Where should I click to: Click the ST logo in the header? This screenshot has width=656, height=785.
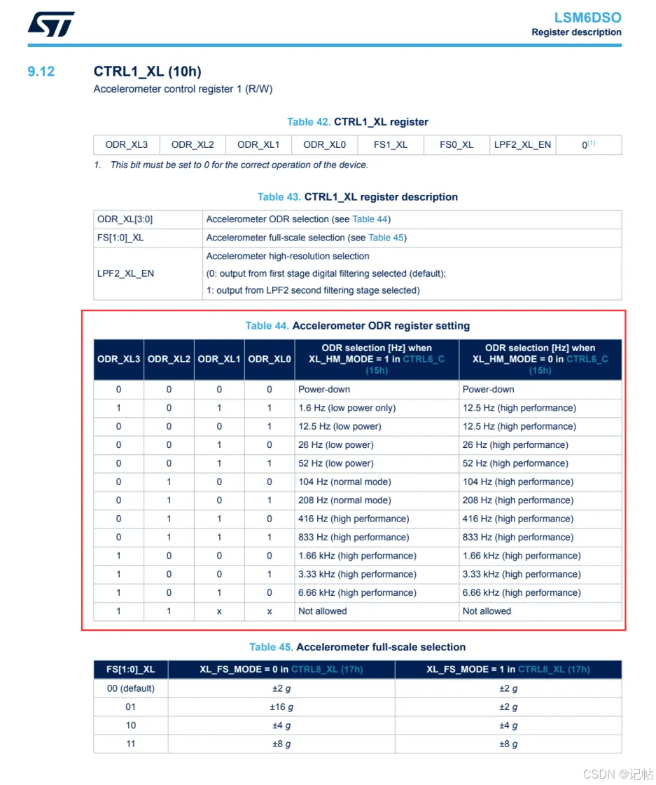click(x=50, y=25)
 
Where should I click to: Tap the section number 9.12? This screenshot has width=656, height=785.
click(x=41, y=71)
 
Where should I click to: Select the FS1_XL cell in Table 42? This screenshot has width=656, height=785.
click(x=391, y=145)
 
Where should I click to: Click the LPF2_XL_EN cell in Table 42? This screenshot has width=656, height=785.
click(x=522, y=145)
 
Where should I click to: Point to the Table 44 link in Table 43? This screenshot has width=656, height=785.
click(x=370, y=219)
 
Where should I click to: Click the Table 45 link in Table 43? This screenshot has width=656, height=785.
click(x=386, y=238)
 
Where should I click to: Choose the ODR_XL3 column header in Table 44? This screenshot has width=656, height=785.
click(x=118, y=359)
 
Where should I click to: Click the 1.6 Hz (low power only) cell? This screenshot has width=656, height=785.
click(x=347, y=408)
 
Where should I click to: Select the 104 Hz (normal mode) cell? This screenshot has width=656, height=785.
click(x=344, y=482)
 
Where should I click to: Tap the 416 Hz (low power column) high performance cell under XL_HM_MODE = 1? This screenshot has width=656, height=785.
click(x=354, y=519)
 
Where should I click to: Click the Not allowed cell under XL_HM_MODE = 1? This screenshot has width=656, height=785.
click(x=323, y=611)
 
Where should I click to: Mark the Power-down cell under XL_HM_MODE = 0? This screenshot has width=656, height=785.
click(x=488, y=389)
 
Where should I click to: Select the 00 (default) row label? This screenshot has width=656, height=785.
click(x=131, y=688)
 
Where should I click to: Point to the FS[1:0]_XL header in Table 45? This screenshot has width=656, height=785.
click(x=130, y=669)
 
